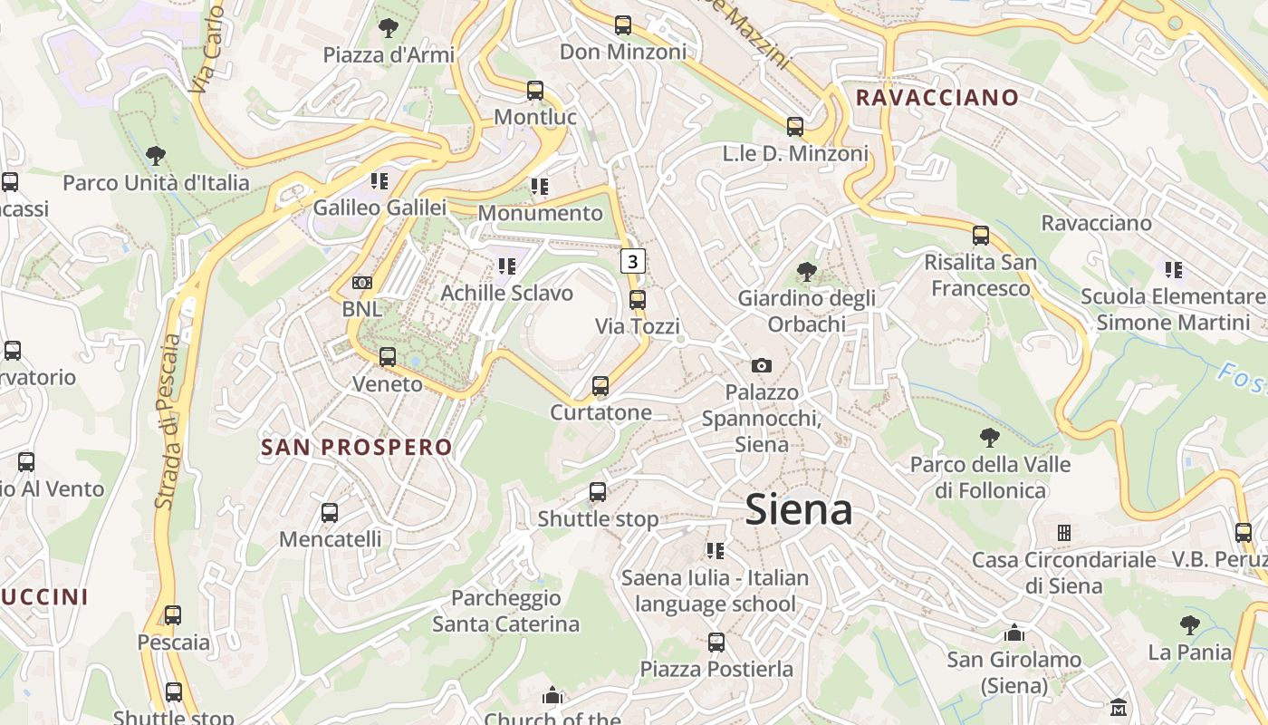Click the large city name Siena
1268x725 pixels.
[x=799, y=510]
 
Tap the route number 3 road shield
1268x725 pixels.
[x=633, y=262]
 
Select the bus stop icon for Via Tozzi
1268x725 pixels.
[x=638, y=300]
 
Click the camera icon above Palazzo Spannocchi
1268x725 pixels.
[x=762, y=365]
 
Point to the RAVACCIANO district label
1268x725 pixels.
[x=937, y=97]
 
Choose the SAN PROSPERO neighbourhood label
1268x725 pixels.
[x=357, y=447]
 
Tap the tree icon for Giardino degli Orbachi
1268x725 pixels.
[x=806, y=271]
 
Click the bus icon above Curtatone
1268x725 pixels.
[x=600, y=386]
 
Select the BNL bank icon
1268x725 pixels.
[x=362, y=283]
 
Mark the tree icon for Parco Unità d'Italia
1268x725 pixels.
[x=156, y=156]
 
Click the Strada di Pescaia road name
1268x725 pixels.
[x=168, y=420]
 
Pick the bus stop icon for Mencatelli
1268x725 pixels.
[x=330, y=513]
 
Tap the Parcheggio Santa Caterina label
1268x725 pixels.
[x=505, y=611]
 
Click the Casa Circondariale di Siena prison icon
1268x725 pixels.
[x=1064, y=533]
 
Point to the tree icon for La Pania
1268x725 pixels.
[x=1190, y=625]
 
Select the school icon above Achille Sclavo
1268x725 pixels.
[x=507, y=266]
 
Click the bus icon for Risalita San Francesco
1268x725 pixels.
[x=981, y=236]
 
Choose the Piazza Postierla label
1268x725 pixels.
[x=716, y=669]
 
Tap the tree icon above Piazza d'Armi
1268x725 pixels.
[x=389, y=28]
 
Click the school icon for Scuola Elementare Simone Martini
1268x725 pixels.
[x=1174, y=269]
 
